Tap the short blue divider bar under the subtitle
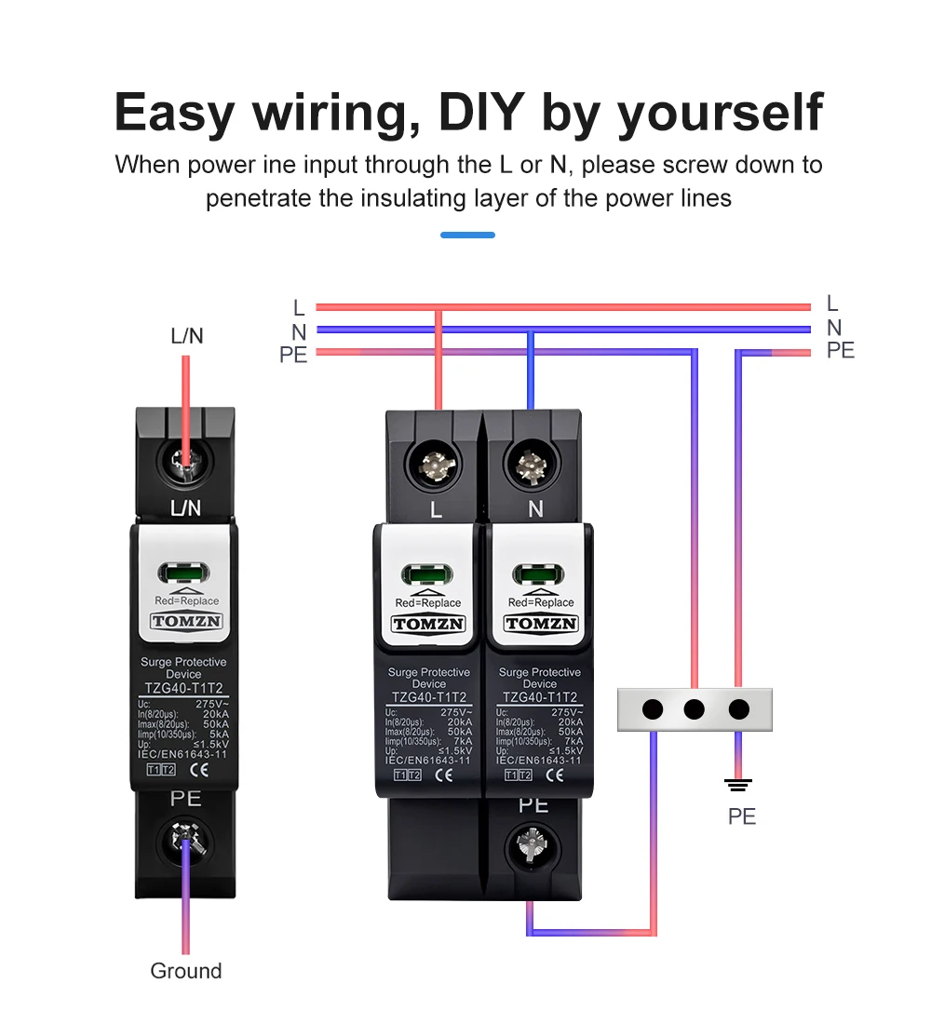(x=467, y=235)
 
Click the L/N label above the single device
(x=186, y=336)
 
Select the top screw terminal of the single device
(x=186, y=460)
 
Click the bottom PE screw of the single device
(x=186, y=844)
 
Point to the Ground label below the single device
(x=186, y=971)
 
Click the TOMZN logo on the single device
(x=185, y=621)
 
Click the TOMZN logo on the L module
(x=429, y=624)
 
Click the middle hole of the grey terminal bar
(x=694, y=709)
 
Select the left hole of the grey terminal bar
(x=653, y=709)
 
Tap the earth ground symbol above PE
(x=738, y=785)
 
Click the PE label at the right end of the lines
(x=840, y=351)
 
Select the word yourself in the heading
(x=721, y=114)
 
